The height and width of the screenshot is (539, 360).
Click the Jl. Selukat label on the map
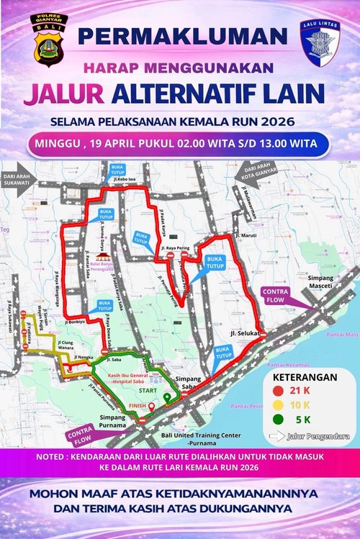point(245,334)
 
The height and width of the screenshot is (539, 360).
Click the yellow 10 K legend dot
point(278,404)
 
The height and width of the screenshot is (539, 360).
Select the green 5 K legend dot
point(278,419)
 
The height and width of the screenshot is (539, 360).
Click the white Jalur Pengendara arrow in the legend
point(276,435)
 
